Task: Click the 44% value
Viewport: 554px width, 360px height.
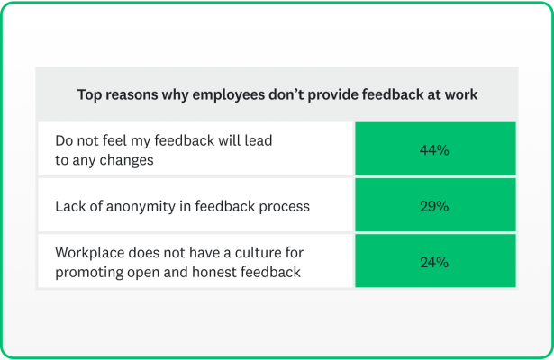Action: [434, 150]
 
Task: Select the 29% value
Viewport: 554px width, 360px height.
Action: [434, 206]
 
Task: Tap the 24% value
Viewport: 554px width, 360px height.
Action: [434, 262]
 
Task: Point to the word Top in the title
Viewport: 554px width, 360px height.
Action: [89, 94]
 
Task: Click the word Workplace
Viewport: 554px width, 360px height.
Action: [91, 254]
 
